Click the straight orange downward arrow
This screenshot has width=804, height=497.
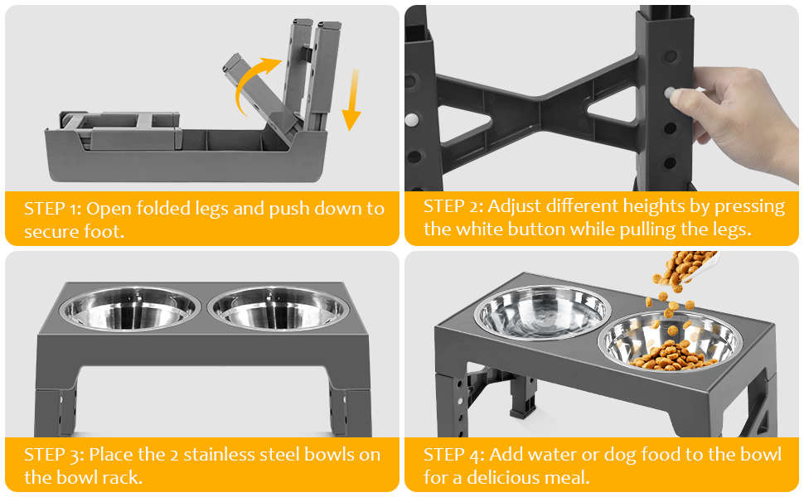351,100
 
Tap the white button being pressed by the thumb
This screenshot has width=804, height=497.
669,93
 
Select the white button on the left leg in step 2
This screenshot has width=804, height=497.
411,120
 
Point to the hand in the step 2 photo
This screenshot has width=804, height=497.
739,115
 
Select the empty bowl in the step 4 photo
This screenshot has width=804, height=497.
543,311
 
